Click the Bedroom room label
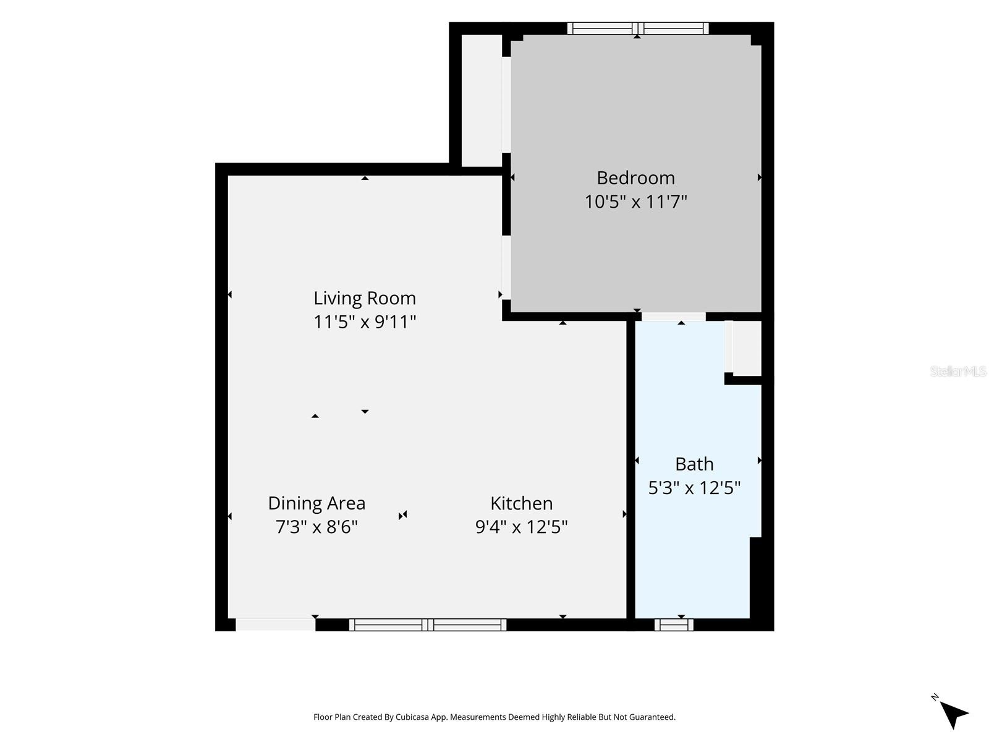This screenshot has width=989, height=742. point(636,178)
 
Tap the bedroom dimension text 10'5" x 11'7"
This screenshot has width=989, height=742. point(636,202)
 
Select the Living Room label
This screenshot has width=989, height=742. point(365,298)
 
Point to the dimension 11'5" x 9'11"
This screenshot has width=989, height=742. point(365,322)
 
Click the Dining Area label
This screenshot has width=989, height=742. point(316,503)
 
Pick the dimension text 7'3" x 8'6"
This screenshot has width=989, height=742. point(316,527)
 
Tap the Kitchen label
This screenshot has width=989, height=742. point(521,503)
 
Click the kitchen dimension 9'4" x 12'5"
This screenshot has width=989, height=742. point(521,527)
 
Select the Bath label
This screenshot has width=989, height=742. point(694,464)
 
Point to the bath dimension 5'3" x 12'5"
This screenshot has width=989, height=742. point(694,487)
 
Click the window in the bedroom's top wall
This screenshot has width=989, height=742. point(637,28)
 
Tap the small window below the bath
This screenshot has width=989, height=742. point(674,625)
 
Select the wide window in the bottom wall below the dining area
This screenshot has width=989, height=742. point(428,625)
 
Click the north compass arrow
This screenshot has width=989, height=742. point(953,714)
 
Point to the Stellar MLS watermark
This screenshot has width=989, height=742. point(958,371)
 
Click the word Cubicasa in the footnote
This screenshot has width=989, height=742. point(412,717)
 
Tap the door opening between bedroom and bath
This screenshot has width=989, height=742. point(674,317)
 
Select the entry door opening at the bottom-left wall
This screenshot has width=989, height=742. point(275,625)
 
